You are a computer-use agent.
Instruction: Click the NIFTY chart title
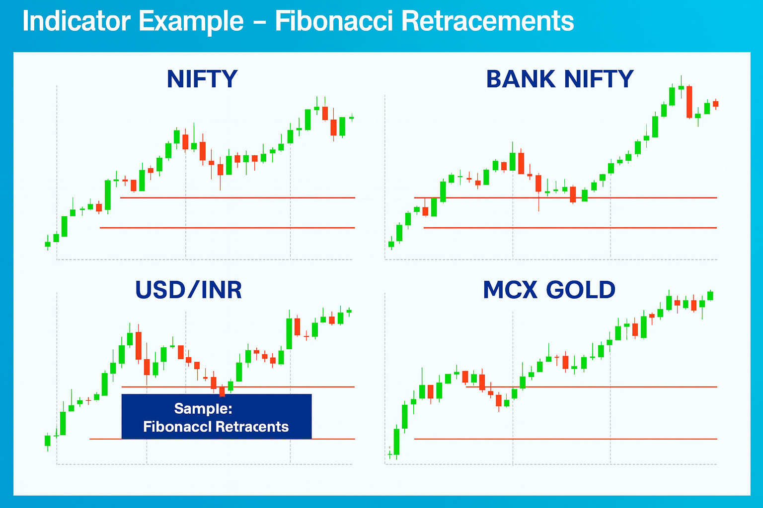[x=202, y=79]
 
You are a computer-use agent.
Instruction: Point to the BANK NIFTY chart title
[x=560, y=79]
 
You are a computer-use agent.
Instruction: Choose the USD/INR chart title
[x=188, y=290]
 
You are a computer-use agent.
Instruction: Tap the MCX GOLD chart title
[x=549, y=290]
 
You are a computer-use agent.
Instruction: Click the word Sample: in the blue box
[x=203, y=409]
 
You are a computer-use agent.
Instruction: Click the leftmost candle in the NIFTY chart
[x=48, y=244]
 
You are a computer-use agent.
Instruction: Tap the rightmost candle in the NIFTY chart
[x=352, y=118]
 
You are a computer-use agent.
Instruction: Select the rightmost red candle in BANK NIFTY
[x=715, y=104]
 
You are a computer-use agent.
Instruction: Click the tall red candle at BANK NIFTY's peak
[x=689, y=102]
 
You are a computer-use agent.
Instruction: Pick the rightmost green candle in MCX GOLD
[x=710, y=296]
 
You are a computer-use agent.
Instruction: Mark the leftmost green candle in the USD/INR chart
[x=48, y=441]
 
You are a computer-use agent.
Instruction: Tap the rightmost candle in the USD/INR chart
[x=349, y=312]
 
